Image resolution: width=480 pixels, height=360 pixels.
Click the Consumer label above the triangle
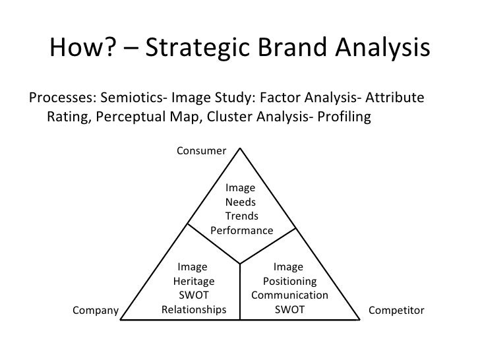[201, 151]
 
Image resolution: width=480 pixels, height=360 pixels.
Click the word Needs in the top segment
[241, 202]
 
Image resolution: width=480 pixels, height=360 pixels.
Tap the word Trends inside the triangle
[241, 217]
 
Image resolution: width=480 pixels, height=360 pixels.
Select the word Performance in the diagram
[241, 231]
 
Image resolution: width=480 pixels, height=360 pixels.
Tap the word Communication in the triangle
[289, 295]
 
